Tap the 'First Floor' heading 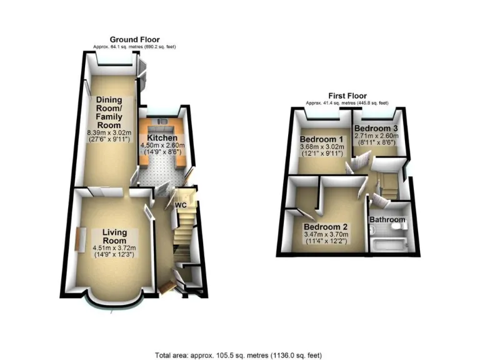pos(346,96)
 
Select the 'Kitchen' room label pos(162,138)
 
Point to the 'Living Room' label pos(114,236)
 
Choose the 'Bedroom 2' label pos(326,227)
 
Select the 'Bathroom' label pos(388,220)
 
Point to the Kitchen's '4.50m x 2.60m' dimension pos(162,147)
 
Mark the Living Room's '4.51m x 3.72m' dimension pos(114,248)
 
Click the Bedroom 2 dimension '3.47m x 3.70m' pos(326,235)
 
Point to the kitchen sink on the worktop pos(162,121)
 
